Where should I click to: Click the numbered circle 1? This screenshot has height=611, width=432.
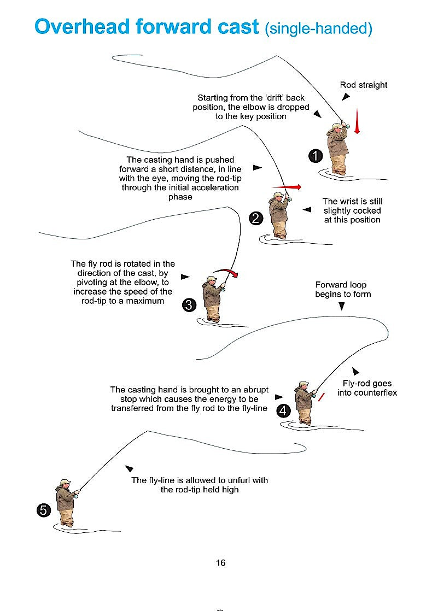point(315,156)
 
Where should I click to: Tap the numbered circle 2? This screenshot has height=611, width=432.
point(256,219)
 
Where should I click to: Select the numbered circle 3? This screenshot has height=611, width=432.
point(189,305)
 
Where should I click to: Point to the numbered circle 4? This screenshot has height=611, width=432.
point(283,411)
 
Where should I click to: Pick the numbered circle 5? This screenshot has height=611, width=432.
point(44,510)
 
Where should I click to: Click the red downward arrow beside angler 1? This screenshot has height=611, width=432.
point(357,121)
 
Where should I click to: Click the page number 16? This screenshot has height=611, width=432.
point(220,562)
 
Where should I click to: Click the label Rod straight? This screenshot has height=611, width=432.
point(364,85)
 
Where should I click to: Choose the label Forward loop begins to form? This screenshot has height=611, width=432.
point(342,289)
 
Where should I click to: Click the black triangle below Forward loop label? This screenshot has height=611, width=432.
point(342,307)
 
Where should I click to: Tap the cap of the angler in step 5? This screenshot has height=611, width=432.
point(65,482)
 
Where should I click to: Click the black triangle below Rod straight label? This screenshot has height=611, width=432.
point(346,97)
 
